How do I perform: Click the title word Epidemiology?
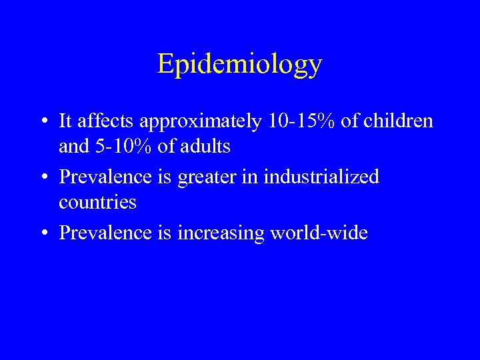(x=239, y=65)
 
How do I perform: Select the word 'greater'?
(x=219, y=178)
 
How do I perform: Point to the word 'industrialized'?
(x=321, y=177)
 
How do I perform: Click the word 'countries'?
(x=97, y=202)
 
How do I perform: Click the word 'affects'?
(x=99, y=121)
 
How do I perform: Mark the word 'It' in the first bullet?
(x=65, y=121)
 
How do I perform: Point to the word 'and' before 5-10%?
(x=72, y=146)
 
